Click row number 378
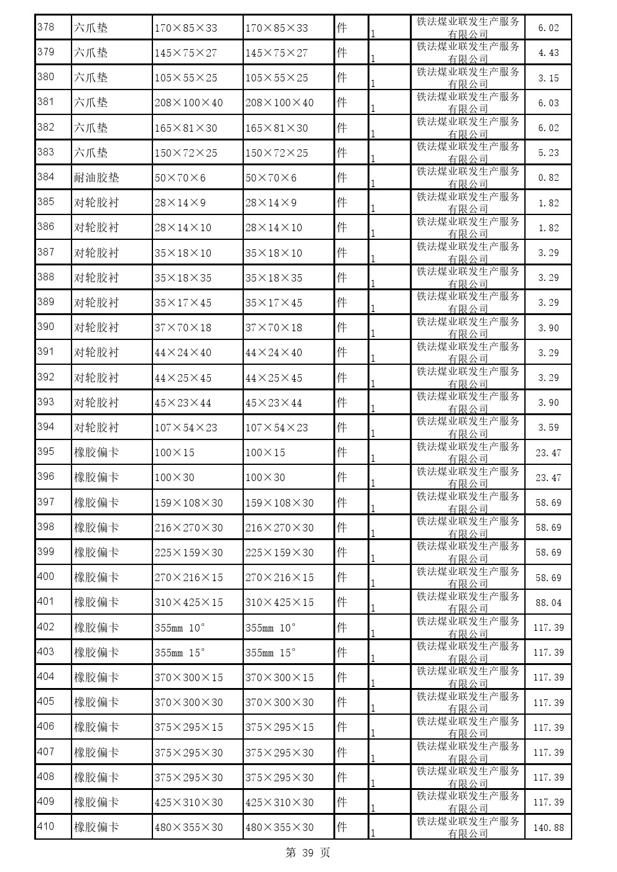click(x=46, y=27)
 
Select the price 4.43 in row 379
click(x=548, y=53)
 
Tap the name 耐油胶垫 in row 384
click(x=96, y=178)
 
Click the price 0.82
click(x=548, y=178)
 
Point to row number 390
click(x=46, y=327)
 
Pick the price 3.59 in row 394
click(x=548, y=428)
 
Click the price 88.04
click(x=548, y=602)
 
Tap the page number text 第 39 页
click(x=308, y=853)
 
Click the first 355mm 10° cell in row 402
click(x=180, y=628)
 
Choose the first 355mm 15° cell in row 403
click(x=180, y=653)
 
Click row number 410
click(x=46, y=827)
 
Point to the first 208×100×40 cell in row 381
click(x=188, y=103)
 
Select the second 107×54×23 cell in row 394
click(x=277, y=428)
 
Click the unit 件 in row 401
click(x=341, y=602)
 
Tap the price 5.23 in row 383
click(x=548, y=153)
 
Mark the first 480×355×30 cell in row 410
click(x=188, y=827)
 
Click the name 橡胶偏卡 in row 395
click(x=96, y=452)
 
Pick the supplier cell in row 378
click(x=468, y=27)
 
